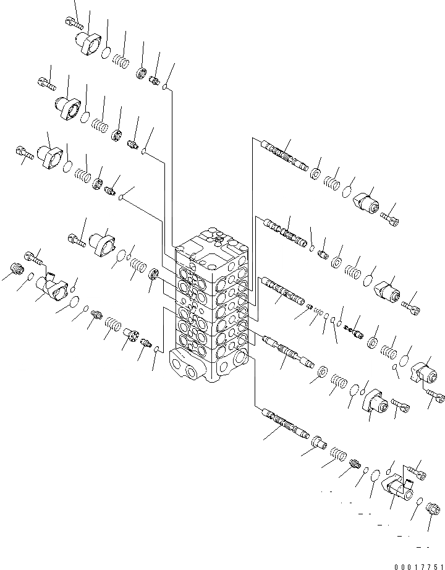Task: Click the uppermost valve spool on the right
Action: pos(284,155)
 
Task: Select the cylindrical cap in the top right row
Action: pos(368,203)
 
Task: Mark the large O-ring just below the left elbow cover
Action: pos(74,302)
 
